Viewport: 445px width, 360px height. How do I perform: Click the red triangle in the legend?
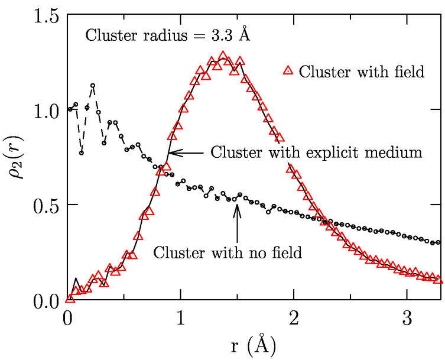[x=288, y=71]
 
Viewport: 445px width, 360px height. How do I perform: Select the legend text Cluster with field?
[x=362, y=72]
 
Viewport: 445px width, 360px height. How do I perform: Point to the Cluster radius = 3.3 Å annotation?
[x=169, y=35]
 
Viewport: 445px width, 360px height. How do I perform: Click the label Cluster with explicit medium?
[x=317, y=152]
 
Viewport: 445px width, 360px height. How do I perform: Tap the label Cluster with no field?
[x=228, y=252]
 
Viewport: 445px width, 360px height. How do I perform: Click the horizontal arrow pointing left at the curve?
[x=187, y=153]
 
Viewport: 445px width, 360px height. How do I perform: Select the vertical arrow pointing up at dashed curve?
[x=236, y=216]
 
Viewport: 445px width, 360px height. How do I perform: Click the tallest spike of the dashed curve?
[x=93, y=86]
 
